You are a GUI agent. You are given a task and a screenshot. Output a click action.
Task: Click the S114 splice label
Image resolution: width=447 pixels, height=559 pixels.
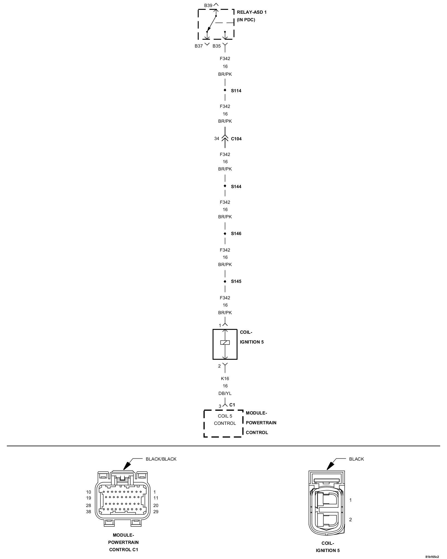click(236, 91)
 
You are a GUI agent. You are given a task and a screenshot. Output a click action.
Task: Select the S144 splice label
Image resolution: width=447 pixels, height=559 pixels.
click(236, 186)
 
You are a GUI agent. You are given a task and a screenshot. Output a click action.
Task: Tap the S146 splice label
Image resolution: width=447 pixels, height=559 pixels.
click(236, 234)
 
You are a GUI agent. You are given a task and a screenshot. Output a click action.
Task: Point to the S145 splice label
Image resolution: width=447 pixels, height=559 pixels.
click(236, 281)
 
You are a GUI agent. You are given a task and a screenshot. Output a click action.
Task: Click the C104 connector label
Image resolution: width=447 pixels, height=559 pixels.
click(236, 139)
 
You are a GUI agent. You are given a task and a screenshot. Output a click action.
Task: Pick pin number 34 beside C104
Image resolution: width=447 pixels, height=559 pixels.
click(217, 139)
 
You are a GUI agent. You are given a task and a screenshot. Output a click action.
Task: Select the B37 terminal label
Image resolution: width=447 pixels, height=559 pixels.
click(199, 46)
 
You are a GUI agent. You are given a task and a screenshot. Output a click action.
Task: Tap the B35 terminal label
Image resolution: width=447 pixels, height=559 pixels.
click(217, 46)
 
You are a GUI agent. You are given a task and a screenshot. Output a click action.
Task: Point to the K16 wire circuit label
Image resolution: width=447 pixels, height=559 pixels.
click(225, 378)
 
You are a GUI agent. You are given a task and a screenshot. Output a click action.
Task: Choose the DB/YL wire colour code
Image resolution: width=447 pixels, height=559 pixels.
click(225, 393)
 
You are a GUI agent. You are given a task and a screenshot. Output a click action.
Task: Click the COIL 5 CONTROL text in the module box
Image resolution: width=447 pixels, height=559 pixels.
click(225, 420)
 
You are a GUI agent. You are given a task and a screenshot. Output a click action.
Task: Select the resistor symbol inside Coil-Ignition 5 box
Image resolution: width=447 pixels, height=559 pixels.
click(225, 342)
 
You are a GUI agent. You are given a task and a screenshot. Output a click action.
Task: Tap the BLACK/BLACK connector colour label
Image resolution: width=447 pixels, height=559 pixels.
click(161, 459)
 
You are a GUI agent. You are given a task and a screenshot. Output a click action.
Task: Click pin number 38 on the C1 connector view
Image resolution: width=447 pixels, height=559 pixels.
click(89, 512)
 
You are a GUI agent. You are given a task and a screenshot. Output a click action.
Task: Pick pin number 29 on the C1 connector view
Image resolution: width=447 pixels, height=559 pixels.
click(156, 512)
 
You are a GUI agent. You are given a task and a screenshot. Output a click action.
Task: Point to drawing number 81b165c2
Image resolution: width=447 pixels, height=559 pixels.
click(432, 556)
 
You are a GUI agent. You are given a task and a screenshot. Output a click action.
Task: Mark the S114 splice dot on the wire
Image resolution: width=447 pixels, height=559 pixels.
click(225, 90)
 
